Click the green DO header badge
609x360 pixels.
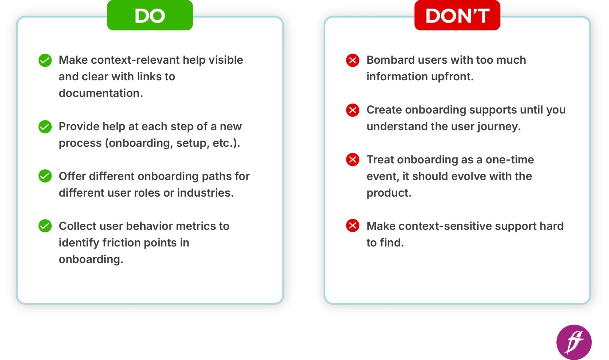(x=150, y=15)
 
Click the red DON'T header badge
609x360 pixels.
(x=457, y=15)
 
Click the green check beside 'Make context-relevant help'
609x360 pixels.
(x=45, y=60)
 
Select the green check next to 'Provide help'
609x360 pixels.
(x=45, y=127)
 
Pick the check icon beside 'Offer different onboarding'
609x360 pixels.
(x=45, y=176)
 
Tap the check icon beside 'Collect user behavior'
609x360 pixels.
(x=45, y=226)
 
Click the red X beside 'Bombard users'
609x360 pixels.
(x=353, y=60)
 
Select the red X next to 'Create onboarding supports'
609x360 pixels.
(x=353, y=110)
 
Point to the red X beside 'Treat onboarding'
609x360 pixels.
(x=353, y=160)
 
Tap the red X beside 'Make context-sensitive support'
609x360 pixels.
(x=353, y=226)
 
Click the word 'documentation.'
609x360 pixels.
(x=101, y=93)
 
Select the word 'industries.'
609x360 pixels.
(x=205, y=193)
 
